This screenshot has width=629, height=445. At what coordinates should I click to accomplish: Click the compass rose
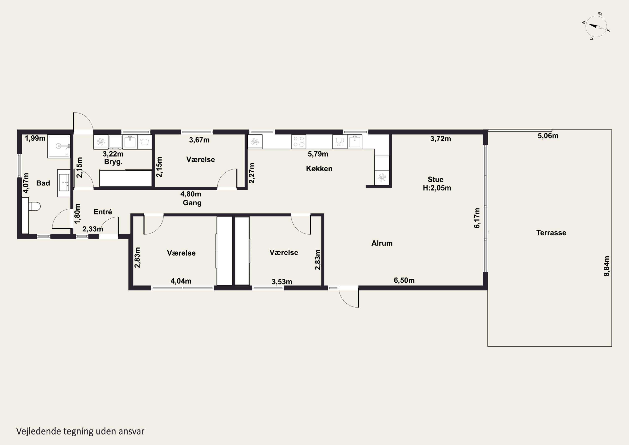click(x=596, y=26)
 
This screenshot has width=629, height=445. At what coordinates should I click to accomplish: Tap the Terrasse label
click(x=551, y=233)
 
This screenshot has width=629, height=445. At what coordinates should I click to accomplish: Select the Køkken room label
click(x=319, y=169)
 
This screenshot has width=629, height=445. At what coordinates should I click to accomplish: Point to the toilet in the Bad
click(x=34, y=206)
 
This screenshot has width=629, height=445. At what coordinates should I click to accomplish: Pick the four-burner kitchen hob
click(x=299, y=142)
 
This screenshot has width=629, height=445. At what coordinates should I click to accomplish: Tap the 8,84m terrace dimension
click(x=607, y=266)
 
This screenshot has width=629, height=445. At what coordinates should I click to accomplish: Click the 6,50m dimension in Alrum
click(x=404, y=280)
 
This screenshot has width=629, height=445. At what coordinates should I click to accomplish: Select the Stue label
click(x=435, y=180)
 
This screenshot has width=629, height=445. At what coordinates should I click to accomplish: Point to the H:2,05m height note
click(x=437, y=188)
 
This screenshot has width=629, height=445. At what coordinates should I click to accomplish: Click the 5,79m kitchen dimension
click(x=318, y=154)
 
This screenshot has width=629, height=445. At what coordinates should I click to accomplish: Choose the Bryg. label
click(x=113, y=162)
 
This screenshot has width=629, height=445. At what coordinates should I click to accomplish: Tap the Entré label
click(x=103, y=212)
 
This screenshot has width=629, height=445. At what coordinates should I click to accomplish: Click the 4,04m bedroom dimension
click(x=181, y=281)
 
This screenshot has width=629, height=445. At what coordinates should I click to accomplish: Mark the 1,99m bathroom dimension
click(x=35, y=138)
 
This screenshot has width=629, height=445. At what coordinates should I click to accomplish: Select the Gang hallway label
click(x=192, y=203)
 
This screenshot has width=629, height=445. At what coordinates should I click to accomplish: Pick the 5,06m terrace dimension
click(x=548, y=136)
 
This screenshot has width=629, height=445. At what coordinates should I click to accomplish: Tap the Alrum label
click(x=382, y=243)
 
